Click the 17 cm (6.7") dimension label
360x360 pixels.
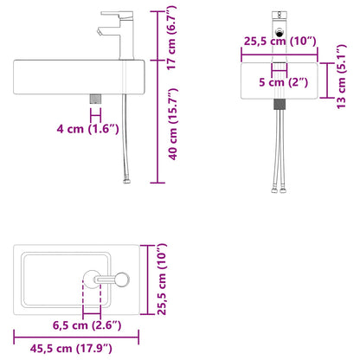coord(171,38)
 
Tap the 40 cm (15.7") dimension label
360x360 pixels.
coord(173,124)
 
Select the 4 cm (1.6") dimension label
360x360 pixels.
coord(87,128)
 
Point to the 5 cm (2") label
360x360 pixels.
coord(283,82)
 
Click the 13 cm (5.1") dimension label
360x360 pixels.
coord(341,76)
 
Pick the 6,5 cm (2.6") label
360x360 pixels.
coord(87,325)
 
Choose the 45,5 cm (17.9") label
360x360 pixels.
coord(71,348)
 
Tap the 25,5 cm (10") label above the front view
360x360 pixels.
coord(280,42)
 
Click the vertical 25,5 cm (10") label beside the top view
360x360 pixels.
coord(162,279)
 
